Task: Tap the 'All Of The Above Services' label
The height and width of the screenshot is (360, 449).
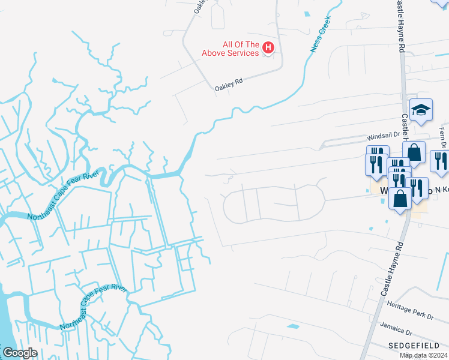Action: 232,49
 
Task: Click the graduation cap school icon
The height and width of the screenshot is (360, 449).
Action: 421,110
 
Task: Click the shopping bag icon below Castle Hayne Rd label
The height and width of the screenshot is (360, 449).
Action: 414,152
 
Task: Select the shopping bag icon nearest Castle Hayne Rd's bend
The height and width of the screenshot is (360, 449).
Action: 400,197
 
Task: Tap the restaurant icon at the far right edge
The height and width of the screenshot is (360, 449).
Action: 440,161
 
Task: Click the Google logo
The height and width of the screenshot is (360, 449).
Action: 20,353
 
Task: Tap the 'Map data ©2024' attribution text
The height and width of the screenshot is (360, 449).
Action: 424,355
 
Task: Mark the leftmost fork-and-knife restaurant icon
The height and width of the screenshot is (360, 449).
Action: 375,164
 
